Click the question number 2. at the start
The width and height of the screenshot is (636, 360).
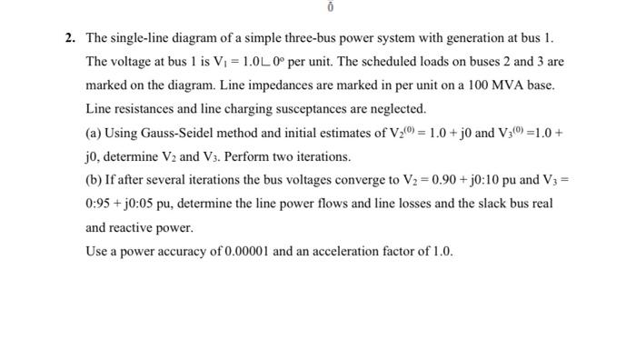(x=69, y=38)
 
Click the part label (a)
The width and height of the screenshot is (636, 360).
(x=94, y=134)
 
